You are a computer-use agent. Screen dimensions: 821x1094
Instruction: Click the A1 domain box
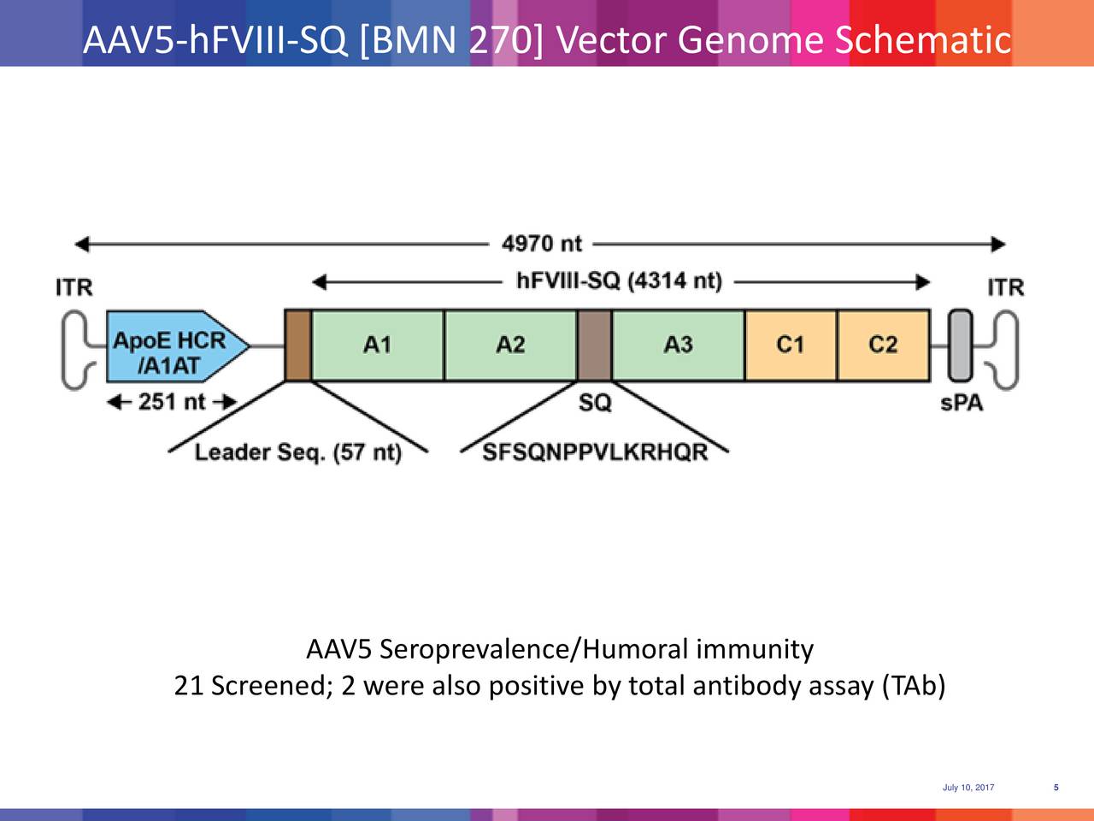point(378,345)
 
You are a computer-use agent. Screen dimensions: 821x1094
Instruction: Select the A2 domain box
point(510,345)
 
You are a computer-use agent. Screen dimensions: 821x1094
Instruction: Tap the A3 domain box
point(679,345)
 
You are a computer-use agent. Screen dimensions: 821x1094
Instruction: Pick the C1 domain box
point(791,345)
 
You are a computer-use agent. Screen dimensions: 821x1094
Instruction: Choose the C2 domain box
point(883,345)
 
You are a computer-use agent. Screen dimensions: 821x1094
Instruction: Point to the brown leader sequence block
point(297,345)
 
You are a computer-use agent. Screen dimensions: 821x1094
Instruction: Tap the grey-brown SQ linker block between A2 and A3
point(595,345)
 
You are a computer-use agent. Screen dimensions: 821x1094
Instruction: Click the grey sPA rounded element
point(961,345)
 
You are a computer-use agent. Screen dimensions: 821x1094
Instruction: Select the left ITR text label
point(74,287)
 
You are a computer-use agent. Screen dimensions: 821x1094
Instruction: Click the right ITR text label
point(1005,287)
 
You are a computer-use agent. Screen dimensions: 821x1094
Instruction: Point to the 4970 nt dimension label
point(541,245)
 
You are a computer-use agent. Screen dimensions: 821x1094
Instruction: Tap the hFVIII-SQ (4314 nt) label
point(620,282)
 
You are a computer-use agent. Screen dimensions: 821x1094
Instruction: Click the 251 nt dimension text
point(172,402)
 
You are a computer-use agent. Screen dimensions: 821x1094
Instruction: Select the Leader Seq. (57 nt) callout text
point(298,452)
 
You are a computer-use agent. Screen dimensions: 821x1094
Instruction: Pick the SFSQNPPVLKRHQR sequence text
point(596,452)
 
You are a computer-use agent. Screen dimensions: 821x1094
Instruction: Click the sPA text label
point(962,403)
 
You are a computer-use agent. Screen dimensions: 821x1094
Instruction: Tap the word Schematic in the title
point(922,39)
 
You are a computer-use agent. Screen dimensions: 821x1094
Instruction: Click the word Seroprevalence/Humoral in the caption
point(535,651)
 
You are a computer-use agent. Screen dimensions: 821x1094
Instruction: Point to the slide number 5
point(1056,788)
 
